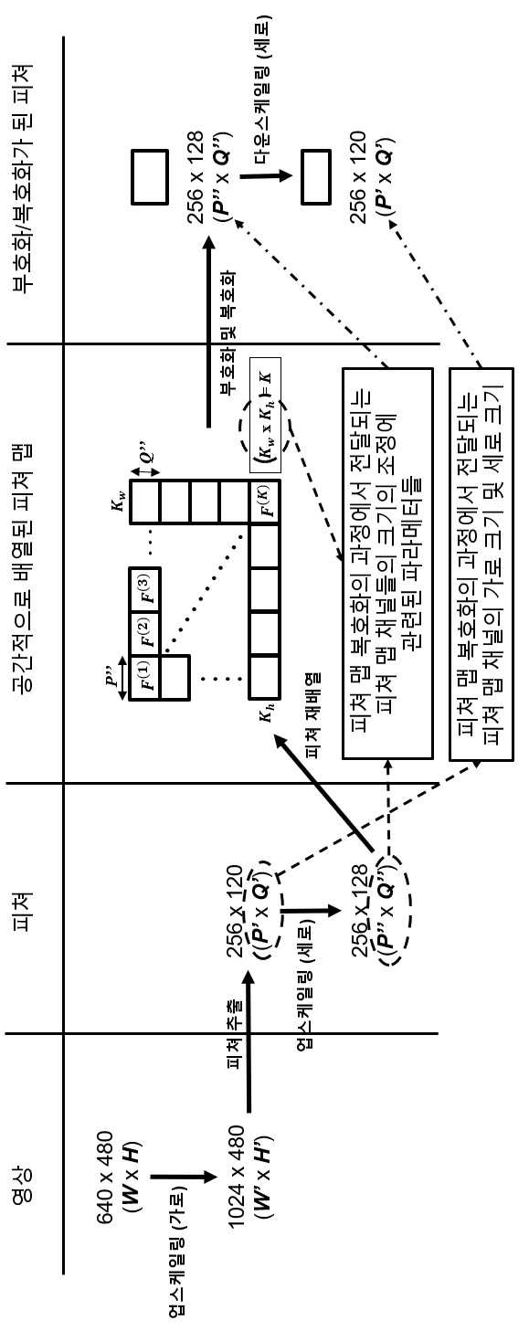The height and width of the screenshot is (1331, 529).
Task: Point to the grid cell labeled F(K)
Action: click(264, 502)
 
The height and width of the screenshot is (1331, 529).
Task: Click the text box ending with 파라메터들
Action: click(387, 564)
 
